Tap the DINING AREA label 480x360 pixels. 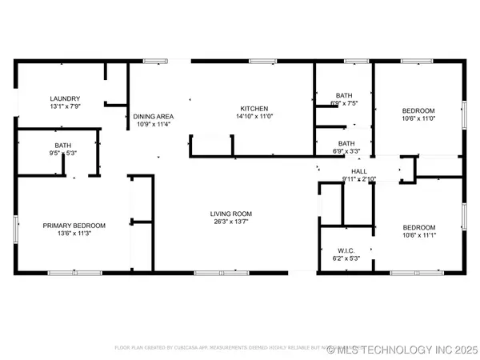149,116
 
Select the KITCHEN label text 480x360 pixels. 254,108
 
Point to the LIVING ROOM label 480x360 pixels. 231,214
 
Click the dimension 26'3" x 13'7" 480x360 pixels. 231,222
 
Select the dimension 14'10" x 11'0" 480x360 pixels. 254,117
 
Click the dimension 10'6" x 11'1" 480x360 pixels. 418,235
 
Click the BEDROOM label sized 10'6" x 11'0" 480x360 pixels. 418,110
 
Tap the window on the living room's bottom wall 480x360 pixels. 222,274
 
